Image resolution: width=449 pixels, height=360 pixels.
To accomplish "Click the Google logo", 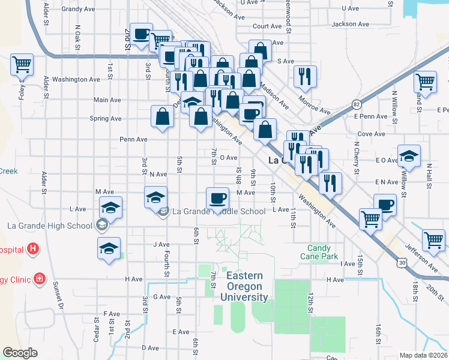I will [x=20, y=353].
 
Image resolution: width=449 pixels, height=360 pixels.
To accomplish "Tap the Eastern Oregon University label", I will [x=244, y=286].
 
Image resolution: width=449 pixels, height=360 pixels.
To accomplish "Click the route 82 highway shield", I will [x=357, y=104].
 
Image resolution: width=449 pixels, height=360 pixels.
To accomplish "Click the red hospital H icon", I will [x=33, y=248].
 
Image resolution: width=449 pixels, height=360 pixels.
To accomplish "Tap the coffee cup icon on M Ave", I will [x=217, y=197].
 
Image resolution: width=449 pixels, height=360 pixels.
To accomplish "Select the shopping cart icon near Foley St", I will [x=22, y=64].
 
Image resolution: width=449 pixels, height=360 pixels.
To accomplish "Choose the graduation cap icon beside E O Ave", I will [x=409, y=156].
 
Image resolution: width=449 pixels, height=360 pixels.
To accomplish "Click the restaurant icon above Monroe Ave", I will [x=305, y=76].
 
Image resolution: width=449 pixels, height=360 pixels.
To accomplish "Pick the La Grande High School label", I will [x=52, y=225].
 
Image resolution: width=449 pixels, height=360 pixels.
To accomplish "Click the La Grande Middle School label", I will [x=218, y=211].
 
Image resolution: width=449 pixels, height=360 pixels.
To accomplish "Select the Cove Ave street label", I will [x=370, y=134].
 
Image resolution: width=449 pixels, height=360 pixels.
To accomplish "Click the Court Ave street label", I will [x=267, y=26].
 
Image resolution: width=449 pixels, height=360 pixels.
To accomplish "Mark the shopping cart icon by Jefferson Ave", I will [x=433, y=240].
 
